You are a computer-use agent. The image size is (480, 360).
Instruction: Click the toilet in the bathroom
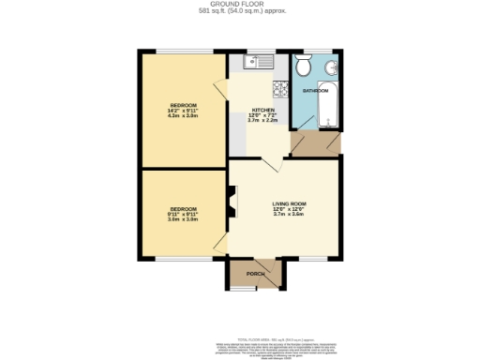[x=303, y=67]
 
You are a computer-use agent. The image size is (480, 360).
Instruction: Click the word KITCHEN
[x=262, y=111]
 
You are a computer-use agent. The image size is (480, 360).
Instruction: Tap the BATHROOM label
[x=315, y=91]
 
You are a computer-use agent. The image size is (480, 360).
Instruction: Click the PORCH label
[x=254, y=274]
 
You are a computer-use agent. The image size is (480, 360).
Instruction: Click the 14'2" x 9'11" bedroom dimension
[x=183, y=111]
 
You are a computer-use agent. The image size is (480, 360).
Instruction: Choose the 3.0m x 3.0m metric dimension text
[x=183, y=218]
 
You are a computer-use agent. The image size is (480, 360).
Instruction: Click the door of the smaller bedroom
[x=221, y=245]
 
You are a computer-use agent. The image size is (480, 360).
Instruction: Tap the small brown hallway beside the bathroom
[x=314, y=143]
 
